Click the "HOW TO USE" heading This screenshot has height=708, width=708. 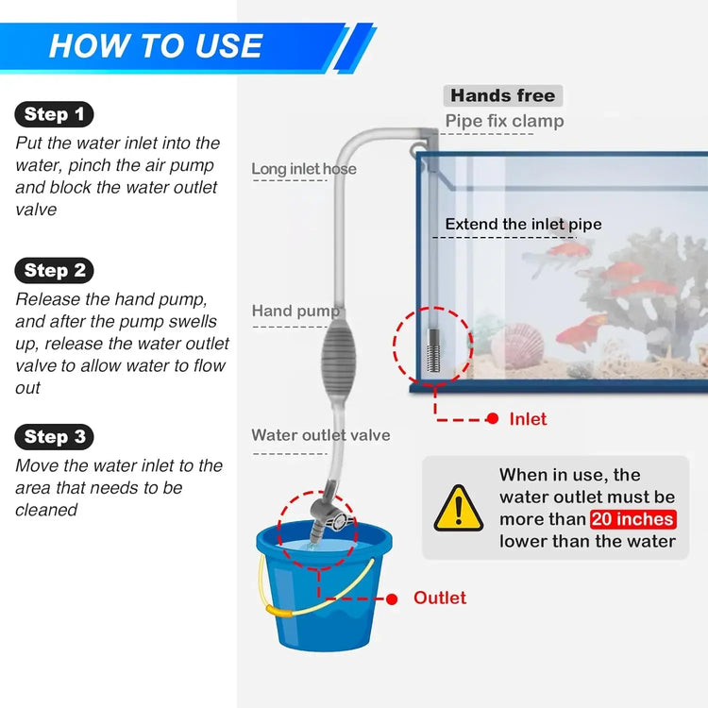click(x=156, y=46)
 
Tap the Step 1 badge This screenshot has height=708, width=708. click(x=54, y=115)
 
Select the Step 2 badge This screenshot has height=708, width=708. click(x=54, y=271)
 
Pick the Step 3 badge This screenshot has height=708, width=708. click(x=54, y=436)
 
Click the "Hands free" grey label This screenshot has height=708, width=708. click(x=502, y=95)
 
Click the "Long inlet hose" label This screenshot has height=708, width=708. click(x=303, y=169)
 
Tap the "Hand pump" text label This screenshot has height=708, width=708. click(x=295, y=312)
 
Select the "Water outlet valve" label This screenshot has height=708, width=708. click(x=320, y=435)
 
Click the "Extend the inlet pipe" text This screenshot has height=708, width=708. click(x=523, y=225)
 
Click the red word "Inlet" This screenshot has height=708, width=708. click(x=528, y=418)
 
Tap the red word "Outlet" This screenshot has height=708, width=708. click(x=440, y=598)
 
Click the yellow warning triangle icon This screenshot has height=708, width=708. click(x=459, y=509)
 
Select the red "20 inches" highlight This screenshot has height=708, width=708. click(x=632, y=519)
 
